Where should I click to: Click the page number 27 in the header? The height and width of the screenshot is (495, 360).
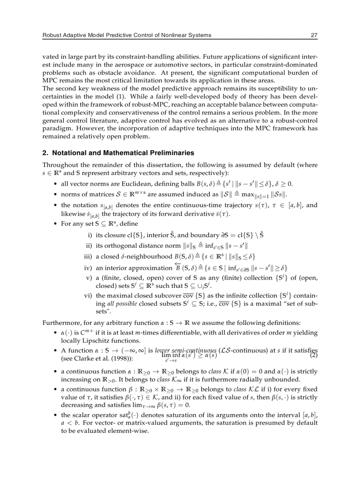[314, 35]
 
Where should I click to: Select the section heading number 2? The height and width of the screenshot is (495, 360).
[45, 153]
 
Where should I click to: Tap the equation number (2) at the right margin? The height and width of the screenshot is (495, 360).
[314, 355]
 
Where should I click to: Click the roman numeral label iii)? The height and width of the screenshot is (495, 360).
[88, 257]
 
